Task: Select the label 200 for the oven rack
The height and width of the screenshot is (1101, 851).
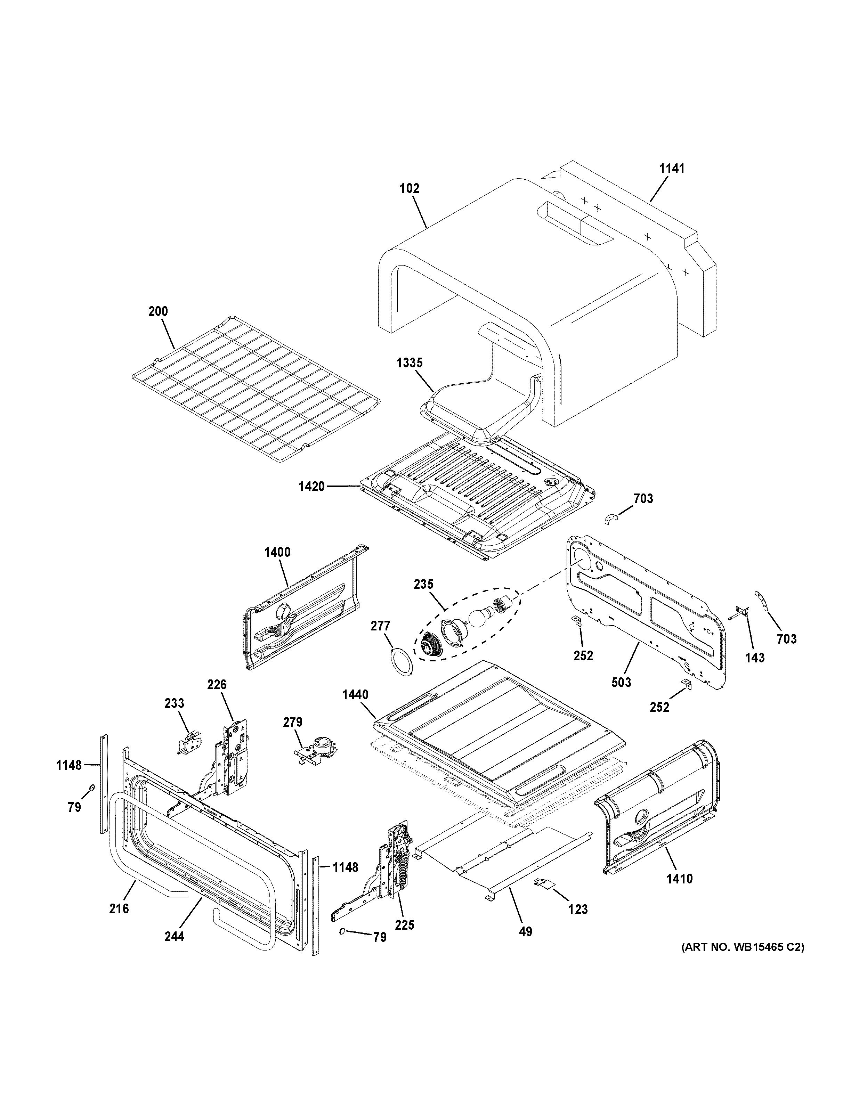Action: click(158, 311)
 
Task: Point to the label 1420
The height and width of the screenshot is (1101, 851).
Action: click(311, 487)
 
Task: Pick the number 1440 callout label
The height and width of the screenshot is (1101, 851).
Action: click(355, 695)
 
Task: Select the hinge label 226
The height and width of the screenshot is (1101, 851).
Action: click(217, 685)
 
